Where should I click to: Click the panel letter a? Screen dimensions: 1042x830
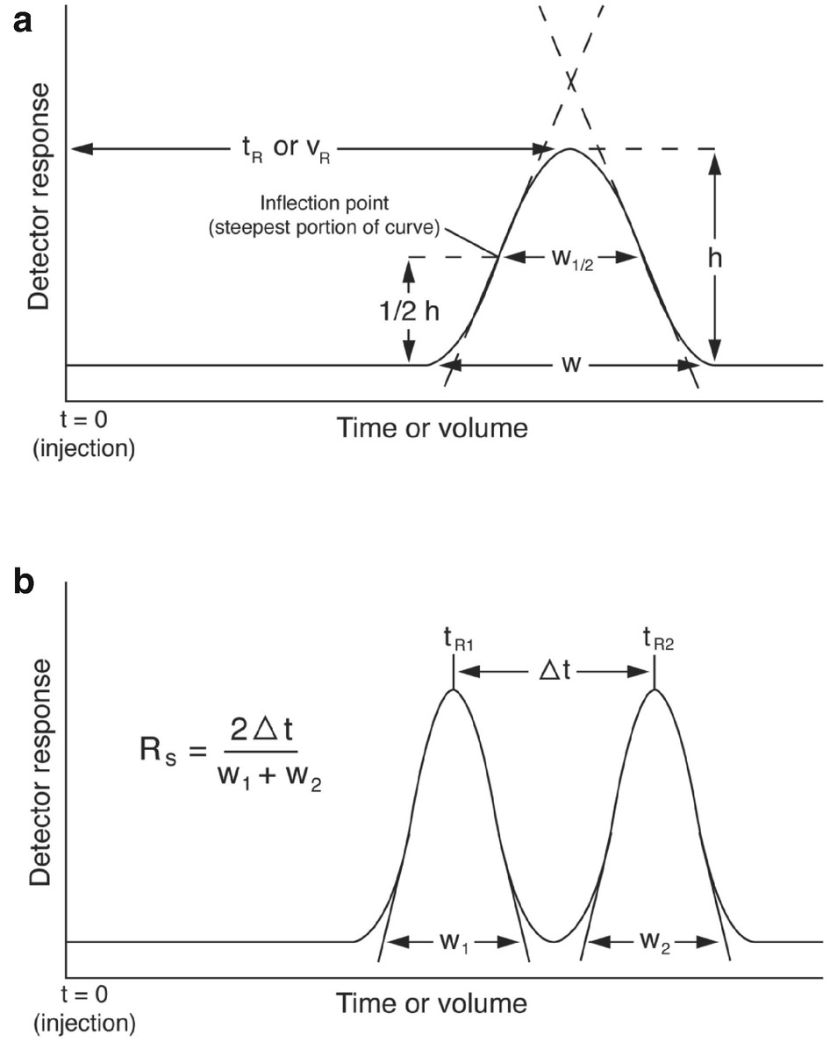point(22,20)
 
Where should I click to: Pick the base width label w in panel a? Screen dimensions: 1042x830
point(571,363)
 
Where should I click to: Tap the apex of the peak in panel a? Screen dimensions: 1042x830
point(571,149)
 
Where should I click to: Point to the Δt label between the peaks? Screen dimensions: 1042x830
point(553,674)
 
